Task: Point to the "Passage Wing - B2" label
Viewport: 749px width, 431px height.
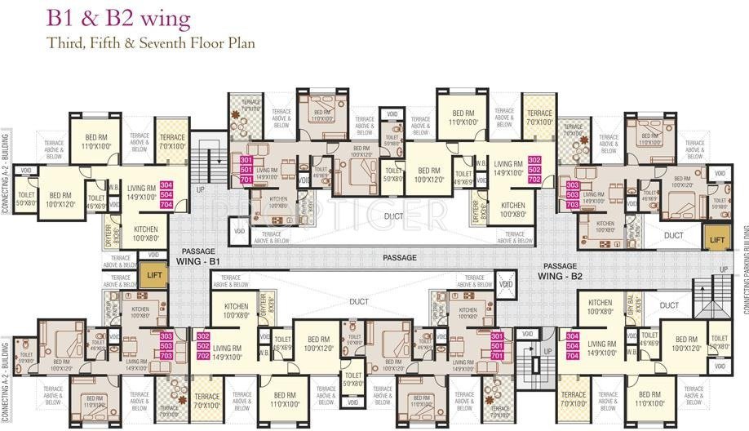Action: tap(560, 271)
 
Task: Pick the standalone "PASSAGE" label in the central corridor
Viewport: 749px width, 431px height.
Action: tap(399, 258)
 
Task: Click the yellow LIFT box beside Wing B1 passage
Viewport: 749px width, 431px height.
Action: tap(152, 274)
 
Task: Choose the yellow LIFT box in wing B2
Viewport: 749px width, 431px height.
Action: tap(716, 238)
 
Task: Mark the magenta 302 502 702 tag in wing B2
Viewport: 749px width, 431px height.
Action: tap(535, 169)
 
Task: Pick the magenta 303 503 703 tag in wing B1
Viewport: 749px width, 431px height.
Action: tap(166, 345)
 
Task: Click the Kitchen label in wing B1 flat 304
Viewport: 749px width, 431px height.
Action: tap(145, 233)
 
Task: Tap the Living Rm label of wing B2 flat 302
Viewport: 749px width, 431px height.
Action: tap(508, 168)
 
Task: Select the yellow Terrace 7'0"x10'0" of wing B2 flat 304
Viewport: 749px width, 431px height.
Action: tap(574, 400)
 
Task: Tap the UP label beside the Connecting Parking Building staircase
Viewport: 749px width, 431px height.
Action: tap(722, 269)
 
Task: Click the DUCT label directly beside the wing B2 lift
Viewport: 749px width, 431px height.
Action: tap(673, 235)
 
